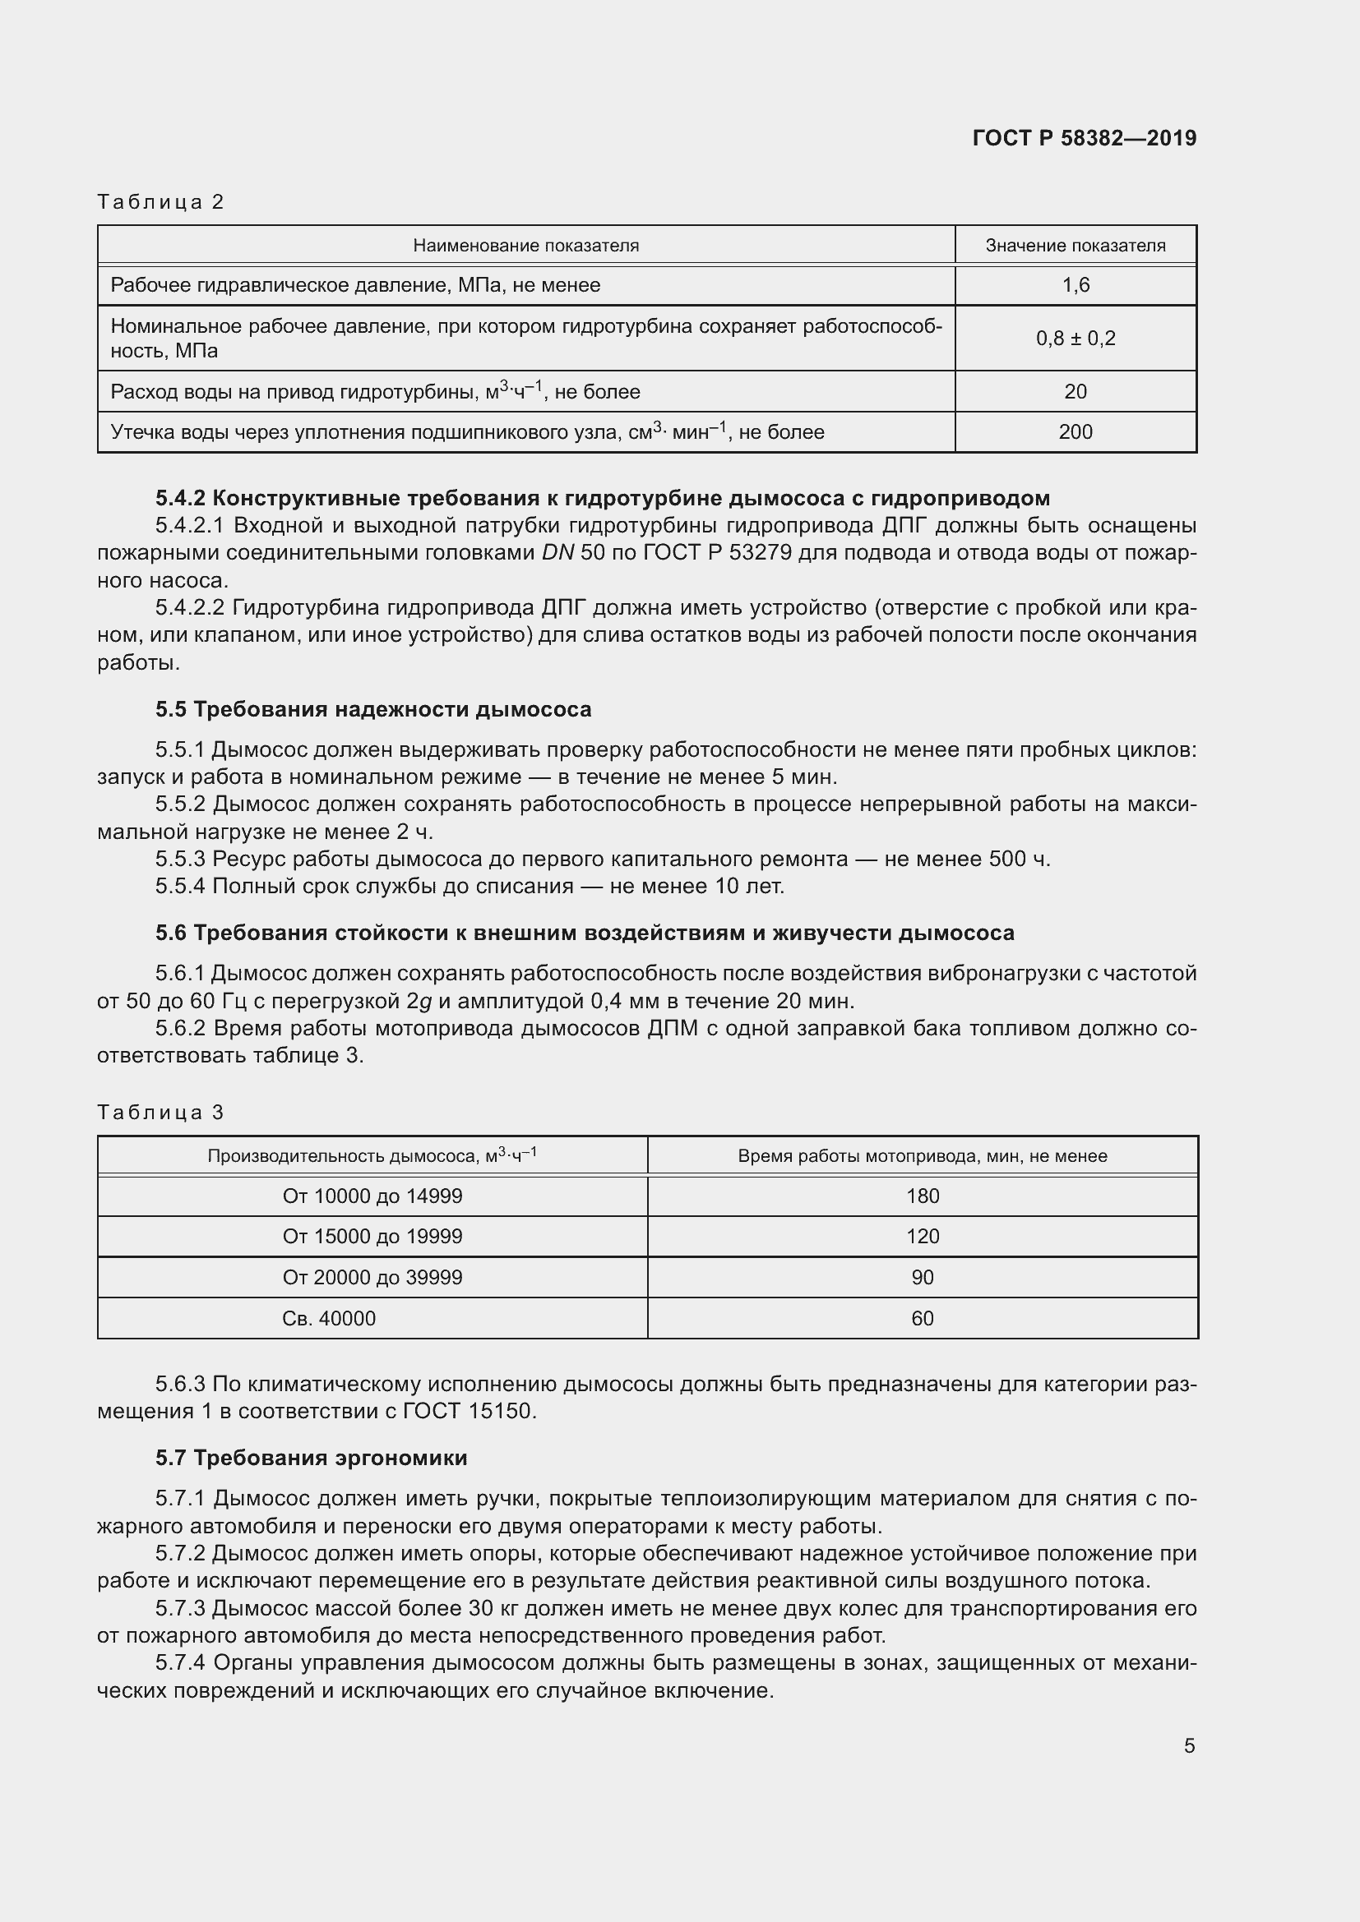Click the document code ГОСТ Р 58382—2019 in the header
point(1084,138)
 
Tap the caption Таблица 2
point(161,202)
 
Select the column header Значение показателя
point(1075,245)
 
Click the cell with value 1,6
point(1076,285)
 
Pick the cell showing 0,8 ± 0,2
point(1076,339)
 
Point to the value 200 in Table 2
point(1076,432)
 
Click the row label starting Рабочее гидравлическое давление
point(355,285)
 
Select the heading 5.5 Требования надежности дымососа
point(372,709)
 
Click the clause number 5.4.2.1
point(190,525)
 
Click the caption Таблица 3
point(161,1113)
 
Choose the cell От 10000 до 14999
point(372,1196)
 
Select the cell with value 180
point(922,1196)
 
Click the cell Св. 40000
point(328,1318)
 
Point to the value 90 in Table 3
point(922,1278)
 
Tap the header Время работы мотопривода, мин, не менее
point(922,1156)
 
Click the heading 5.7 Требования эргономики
point(311,1458)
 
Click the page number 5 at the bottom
point(1188,1745)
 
